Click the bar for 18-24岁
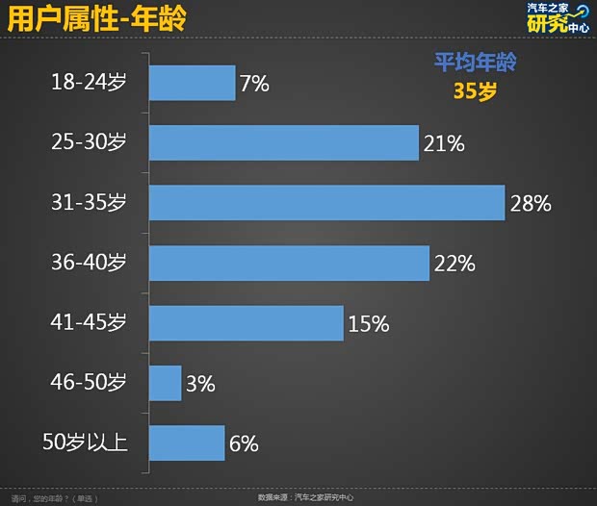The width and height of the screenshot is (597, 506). [x=193, y=83]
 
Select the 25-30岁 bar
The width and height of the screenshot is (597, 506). [x=284, y=143]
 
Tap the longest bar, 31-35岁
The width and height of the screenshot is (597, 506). [x=327, y=203]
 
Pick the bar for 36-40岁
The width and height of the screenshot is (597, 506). [x=289, y=263]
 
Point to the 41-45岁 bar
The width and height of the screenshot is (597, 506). [x=247, y=323]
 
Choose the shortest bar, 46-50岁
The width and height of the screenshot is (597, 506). [x=166, y=383]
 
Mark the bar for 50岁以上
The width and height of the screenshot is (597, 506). [x=187, y=443]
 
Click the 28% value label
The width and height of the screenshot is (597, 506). [x=530, y=204]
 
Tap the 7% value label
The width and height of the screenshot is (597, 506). [x=254, y=84]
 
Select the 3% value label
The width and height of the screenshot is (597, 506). [x=200, y=384]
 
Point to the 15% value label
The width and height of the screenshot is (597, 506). [x=368, y=324]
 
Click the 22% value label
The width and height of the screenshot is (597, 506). [x=454, y=264]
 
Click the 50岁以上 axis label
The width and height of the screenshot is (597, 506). [x=86, y=443]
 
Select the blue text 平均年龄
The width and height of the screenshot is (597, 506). [x=474, y=63]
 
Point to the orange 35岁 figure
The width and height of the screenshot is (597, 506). [x=474, y=91]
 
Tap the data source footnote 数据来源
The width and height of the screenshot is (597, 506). [x=305, y=497]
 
